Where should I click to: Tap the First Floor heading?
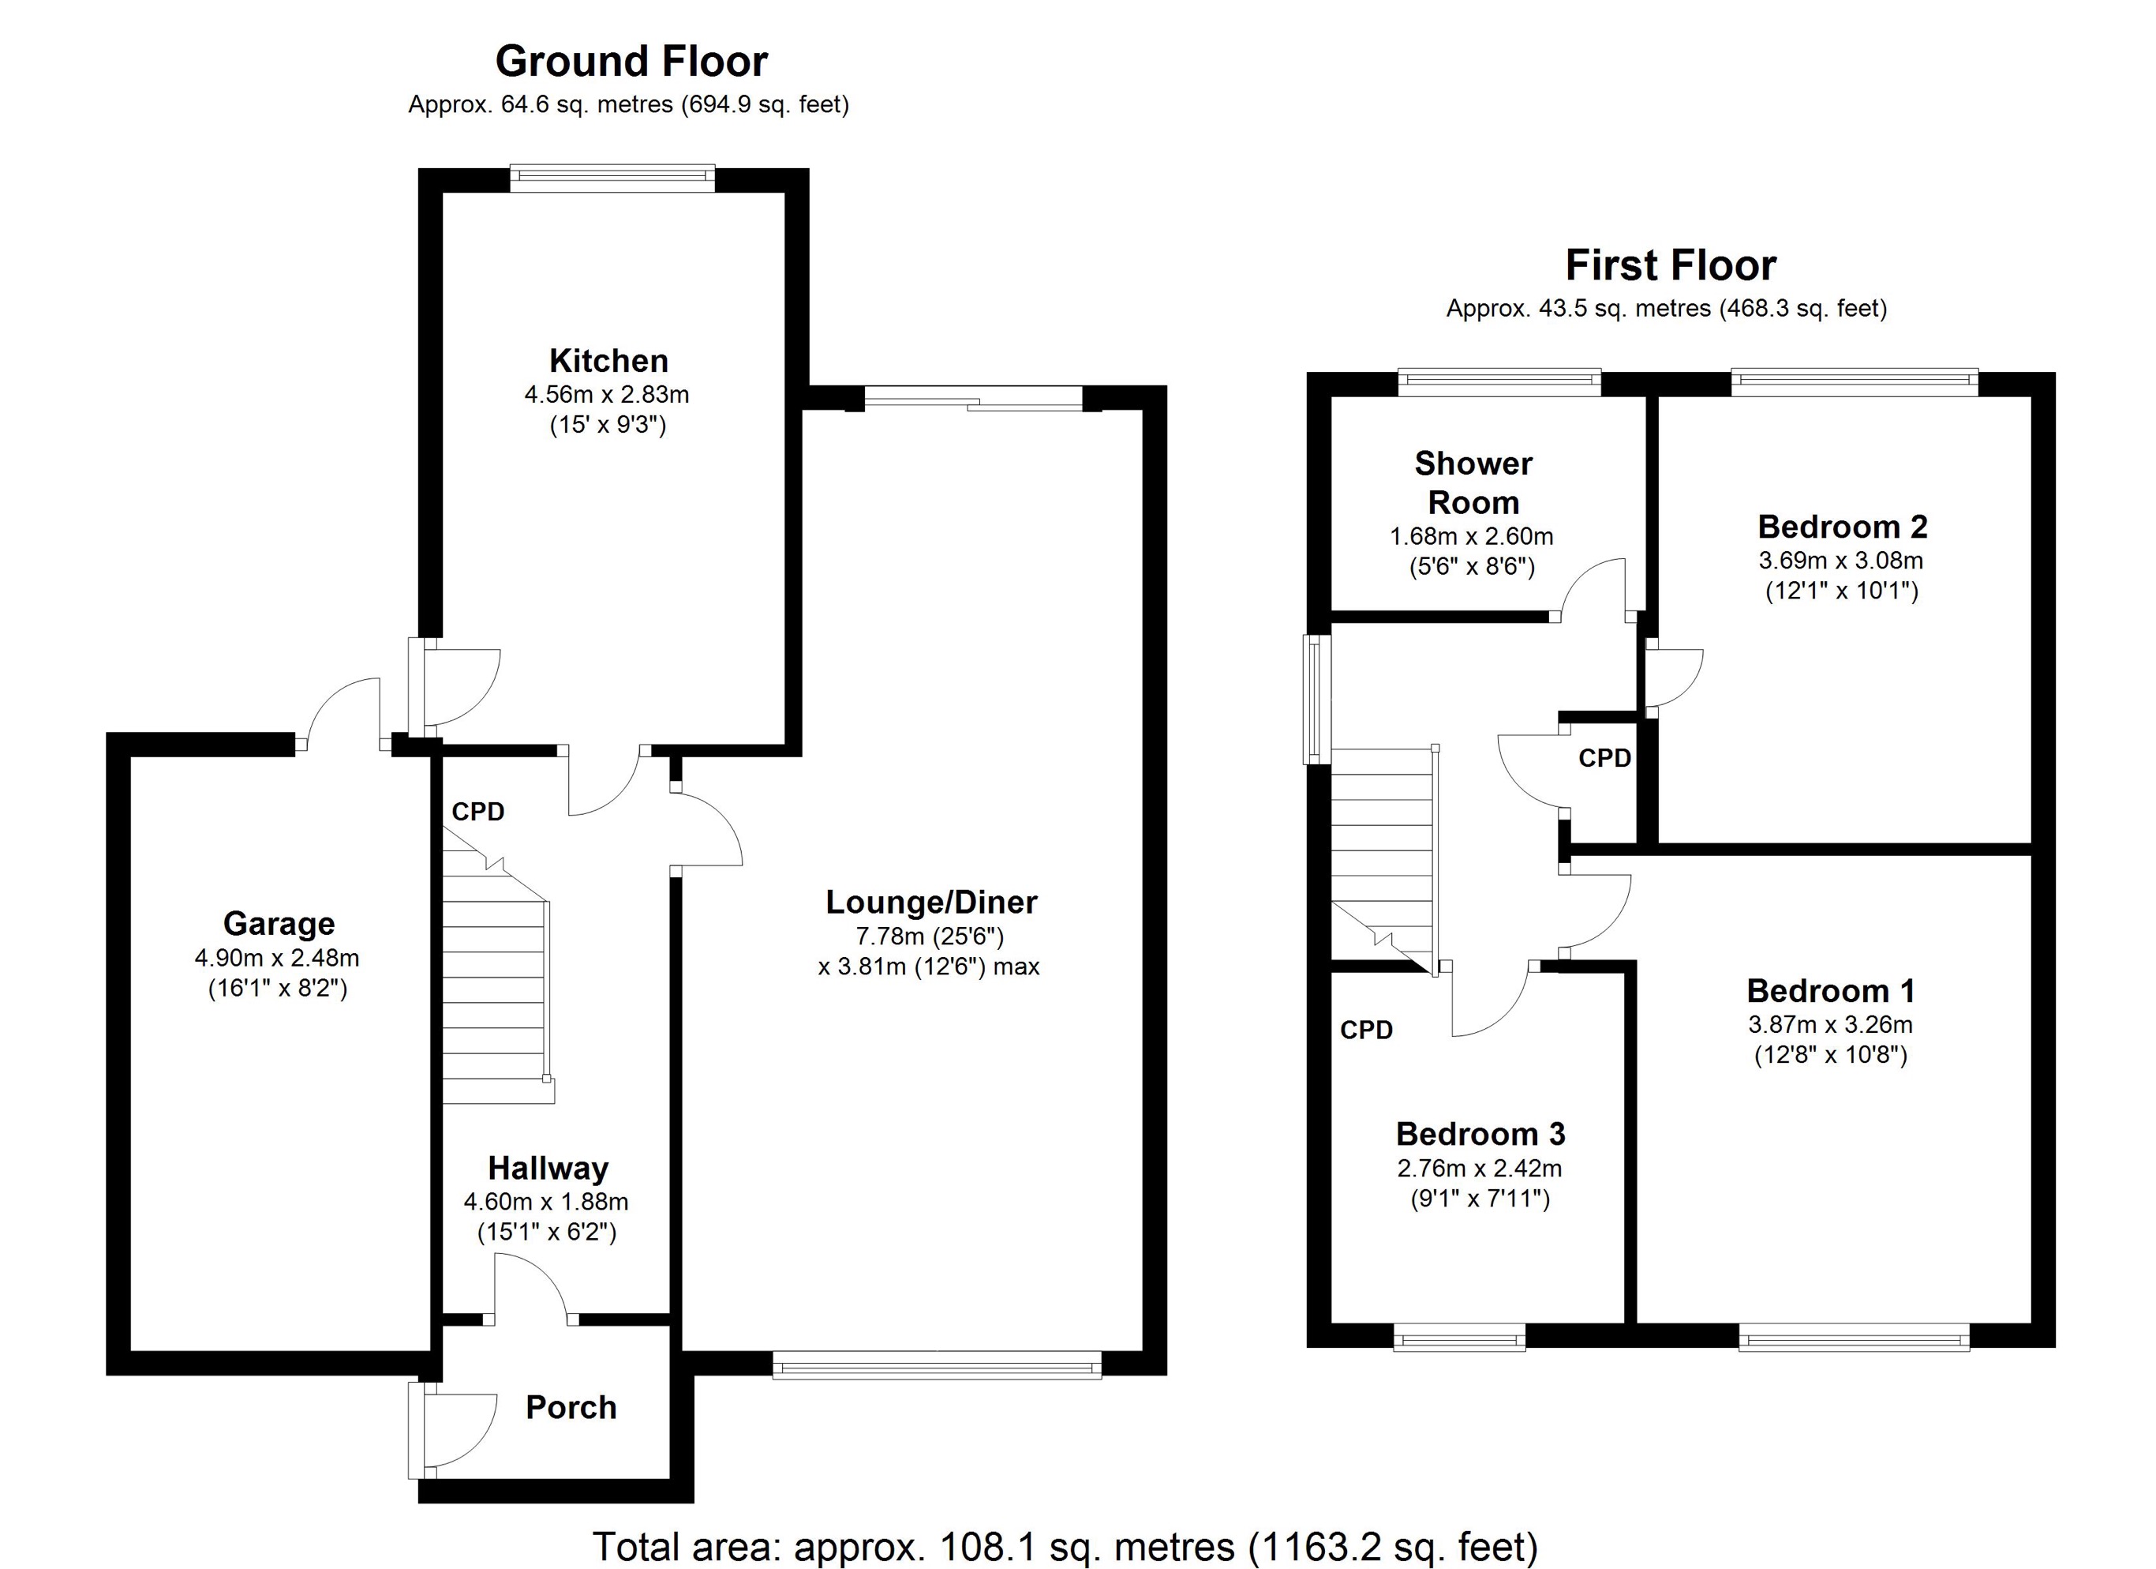click(1670, 266)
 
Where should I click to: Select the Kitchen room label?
click(608, 362)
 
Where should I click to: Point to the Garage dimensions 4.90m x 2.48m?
click(277, 959)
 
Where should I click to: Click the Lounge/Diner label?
click(930, 903)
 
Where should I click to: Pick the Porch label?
click(571, 1407)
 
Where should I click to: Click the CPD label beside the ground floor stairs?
click(477, 812)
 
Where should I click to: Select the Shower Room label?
click(1473, 483)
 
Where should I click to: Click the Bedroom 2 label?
click(1842, 527)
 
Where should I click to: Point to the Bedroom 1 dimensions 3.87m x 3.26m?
click(1830, 1025)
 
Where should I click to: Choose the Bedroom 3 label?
click(1480, 1135)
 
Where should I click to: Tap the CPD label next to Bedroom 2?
click(1604, 758)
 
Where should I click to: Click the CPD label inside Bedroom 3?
click(1366, 1030)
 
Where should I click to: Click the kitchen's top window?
click(612, 178)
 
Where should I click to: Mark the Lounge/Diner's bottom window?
click(937, 1369)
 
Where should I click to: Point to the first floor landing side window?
click(1316, 699)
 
